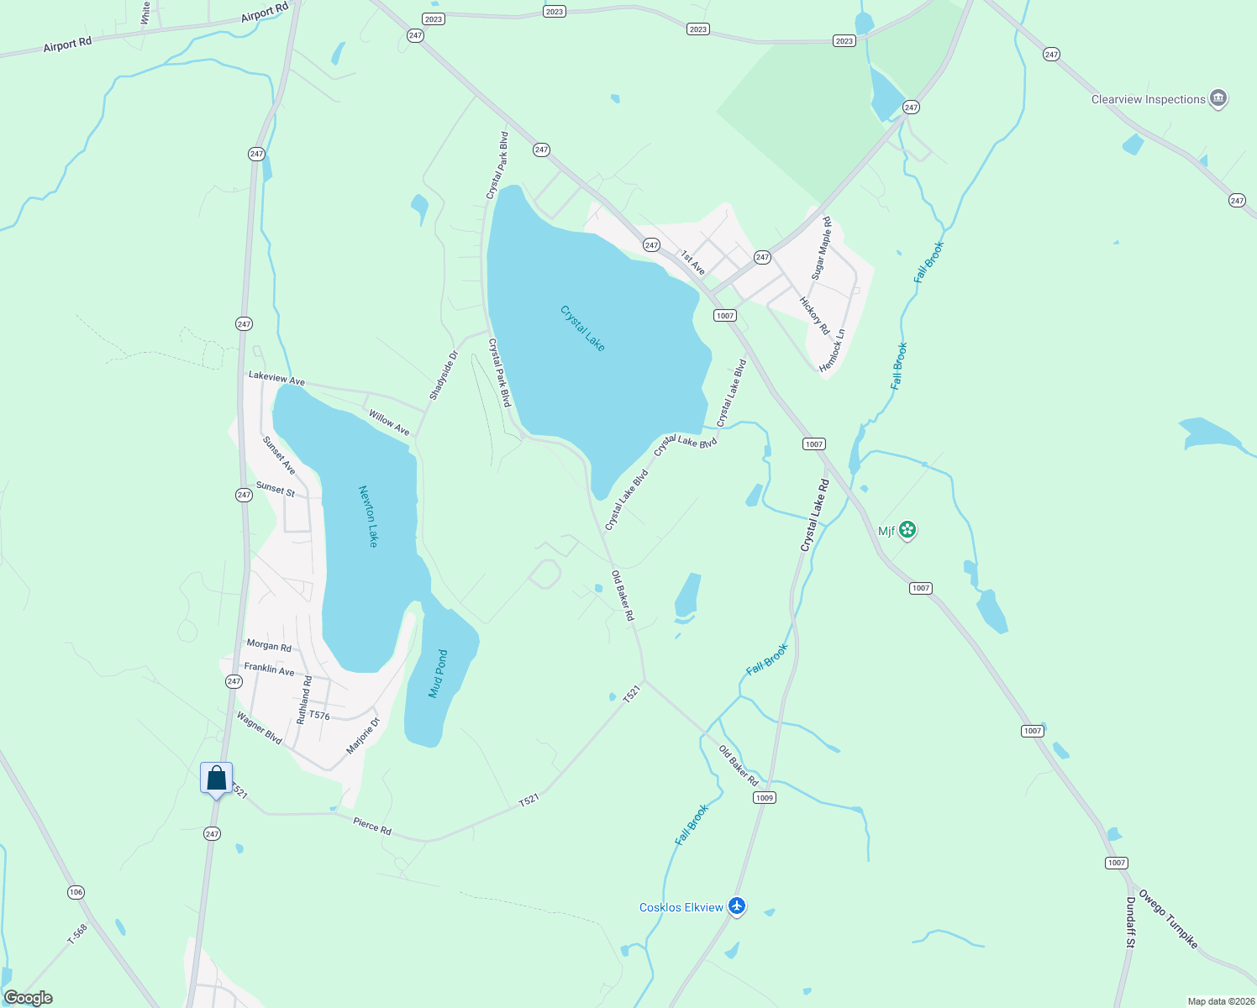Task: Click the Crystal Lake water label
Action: point(582,328)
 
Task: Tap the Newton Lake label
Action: point(368,516)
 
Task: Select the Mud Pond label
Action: point(438,674)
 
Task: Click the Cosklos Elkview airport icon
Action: point(737,906)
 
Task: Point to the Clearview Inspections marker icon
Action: point(1218,99)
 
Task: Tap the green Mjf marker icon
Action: point(907,530)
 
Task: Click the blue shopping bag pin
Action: point(217,778)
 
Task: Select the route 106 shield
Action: point(76,892)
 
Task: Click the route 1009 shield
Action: point(764,797)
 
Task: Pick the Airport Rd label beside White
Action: point(264,13)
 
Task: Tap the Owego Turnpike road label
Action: point(1168,919)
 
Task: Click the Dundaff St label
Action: point(1130,922)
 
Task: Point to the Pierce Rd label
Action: point(372,826)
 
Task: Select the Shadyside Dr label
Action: point(444,375)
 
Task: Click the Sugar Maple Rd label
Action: point(821,248)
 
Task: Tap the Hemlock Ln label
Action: point(832,350)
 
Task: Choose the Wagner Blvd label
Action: point(259,727)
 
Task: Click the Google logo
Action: point(29,998)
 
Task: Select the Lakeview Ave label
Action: point(276,379)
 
